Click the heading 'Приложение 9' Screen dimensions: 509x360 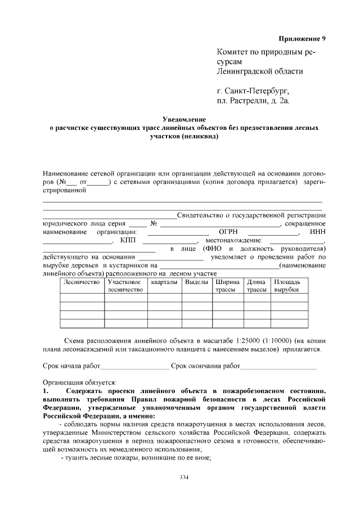point(303,39)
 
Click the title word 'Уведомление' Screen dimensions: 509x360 point(184,119)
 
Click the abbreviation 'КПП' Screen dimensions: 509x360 point(128,240)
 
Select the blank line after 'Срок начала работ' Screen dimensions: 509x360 point(134,366)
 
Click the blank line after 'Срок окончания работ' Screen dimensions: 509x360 point(278,366)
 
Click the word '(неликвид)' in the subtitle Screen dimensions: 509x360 point(199,136)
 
